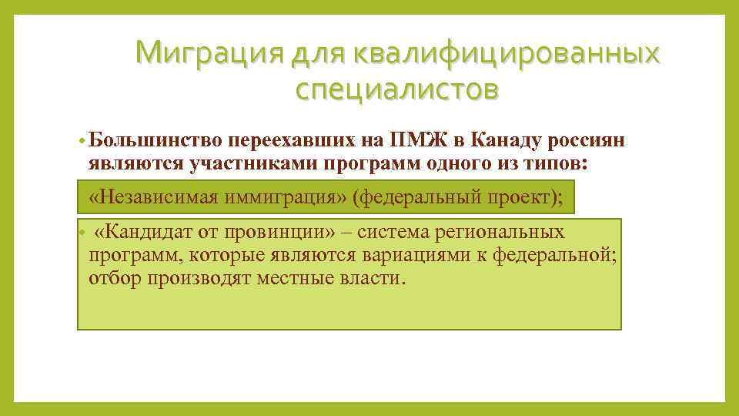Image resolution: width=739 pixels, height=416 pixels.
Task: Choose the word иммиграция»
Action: pos(286,197)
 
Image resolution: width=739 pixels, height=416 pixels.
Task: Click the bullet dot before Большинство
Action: pos(82,142)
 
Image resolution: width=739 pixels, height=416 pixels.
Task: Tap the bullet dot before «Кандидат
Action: pos(82,232)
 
